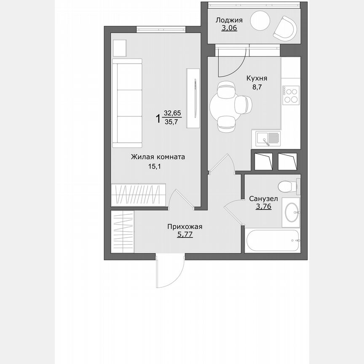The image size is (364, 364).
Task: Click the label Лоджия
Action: pyautogui.click(x=229, y=20)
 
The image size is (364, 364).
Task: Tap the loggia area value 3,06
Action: pyautogui.click(x=229, y=28)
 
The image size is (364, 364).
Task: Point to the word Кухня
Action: pyautogui.click(x=257, y=78)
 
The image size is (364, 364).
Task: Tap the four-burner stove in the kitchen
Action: pyautogui.click(x=291, y=95)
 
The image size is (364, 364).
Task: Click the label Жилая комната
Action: pyautogui.click(x=158, y=157)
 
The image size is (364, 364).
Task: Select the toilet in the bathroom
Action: pyautogui.click(x=288, y=185)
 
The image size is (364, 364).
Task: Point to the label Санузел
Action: pyautogui.click(x=263, y=198)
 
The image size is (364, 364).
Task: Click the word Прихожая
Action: pyautogui.click(x=185, y=227)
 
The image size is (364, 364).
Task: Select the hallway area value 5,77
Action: pyautogui.click(x=185, y=235)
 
